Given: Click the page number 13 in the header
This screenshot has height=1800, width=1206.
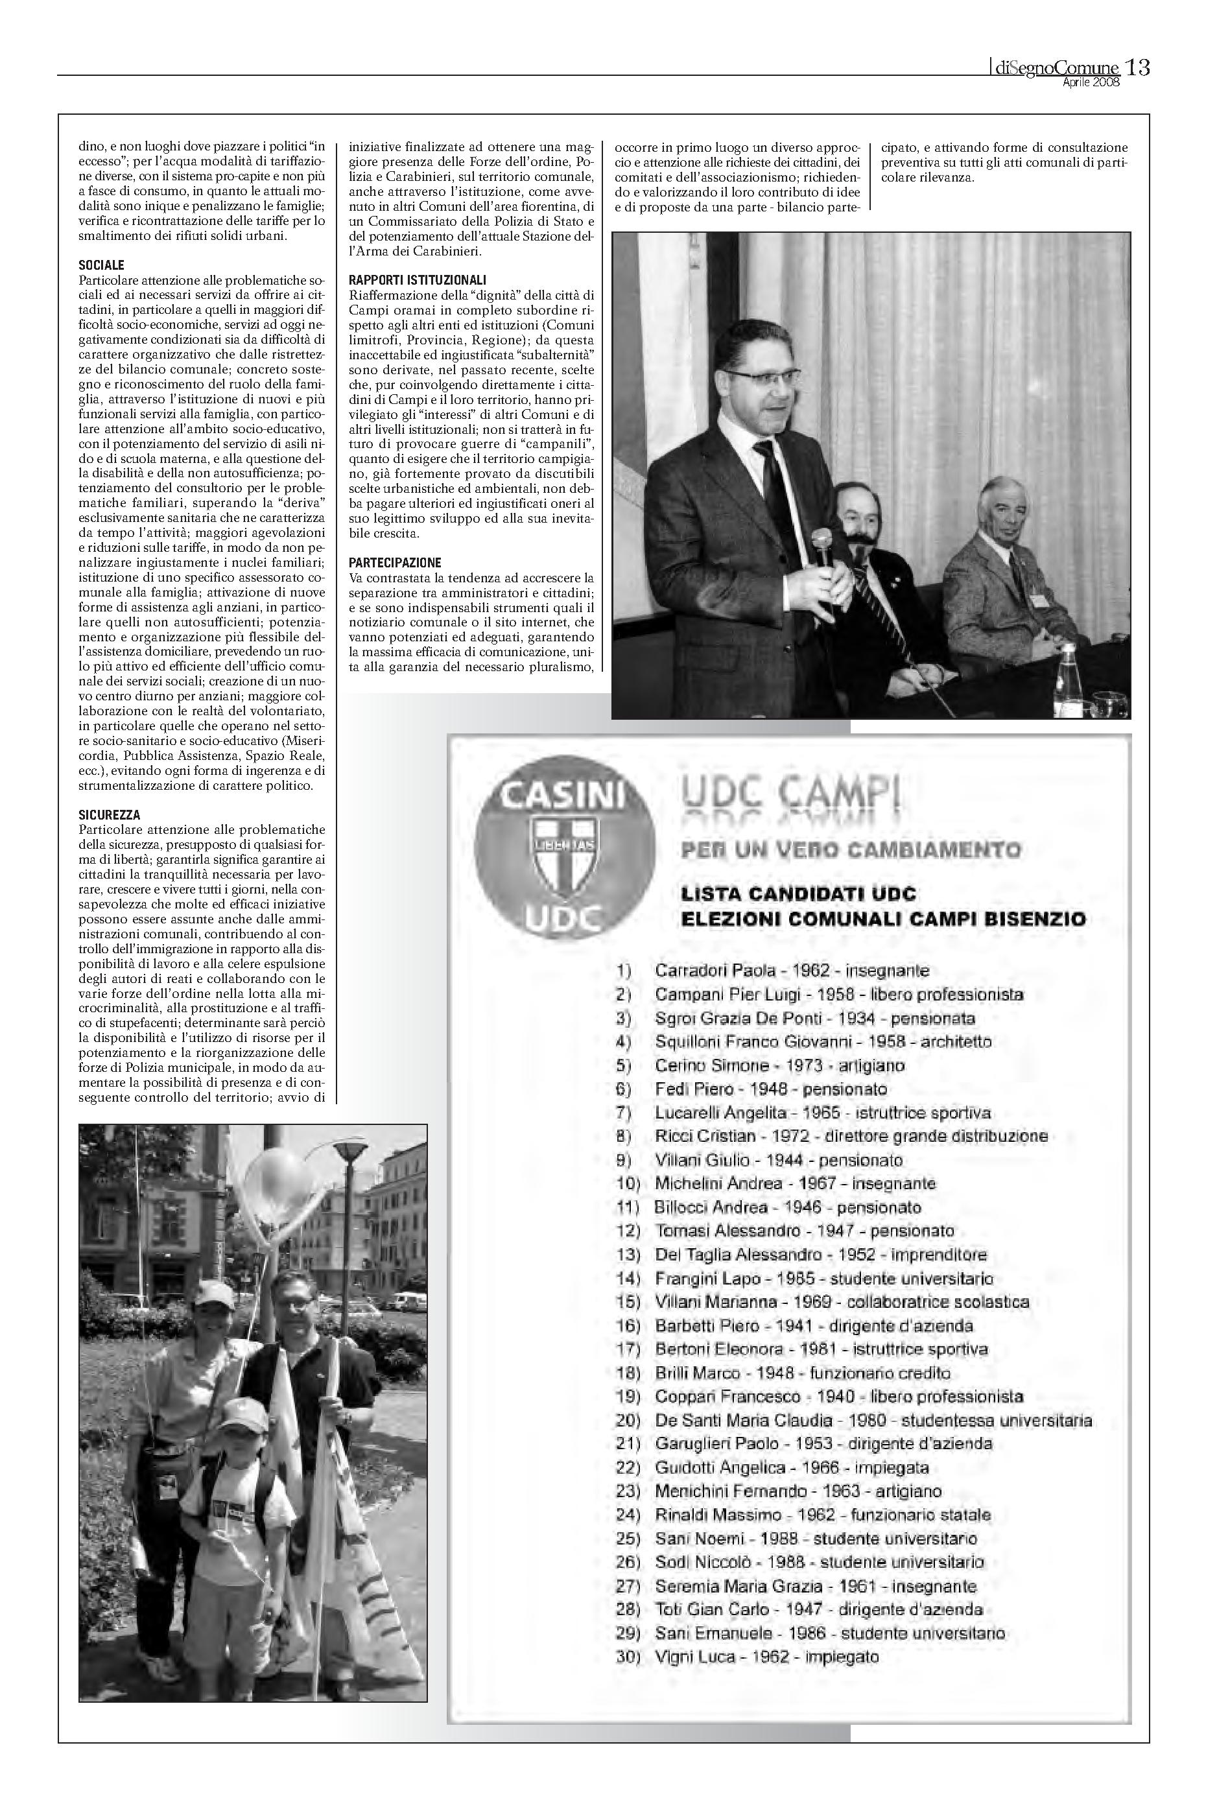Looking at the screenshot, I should (1137, 67).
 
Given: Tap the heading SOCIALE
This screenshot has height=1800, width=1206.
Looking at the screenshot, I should (102, 265).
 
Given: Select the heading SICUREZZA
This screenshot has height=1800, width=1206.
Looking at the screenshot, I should (109, 814).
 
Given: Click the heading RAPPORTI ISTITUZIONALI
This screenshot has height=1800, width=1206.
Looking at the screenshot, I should (418, 280).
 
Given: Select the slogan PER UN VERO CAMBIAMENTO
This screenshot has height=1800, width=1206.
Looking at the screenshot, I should (851, 850).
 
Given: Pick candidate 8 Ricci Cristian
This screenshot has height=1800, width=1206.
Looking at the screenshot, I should (851, 1136).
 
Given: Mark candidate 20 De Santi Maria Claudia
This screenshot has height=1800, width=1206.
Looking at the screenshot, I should (873, 1421).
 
